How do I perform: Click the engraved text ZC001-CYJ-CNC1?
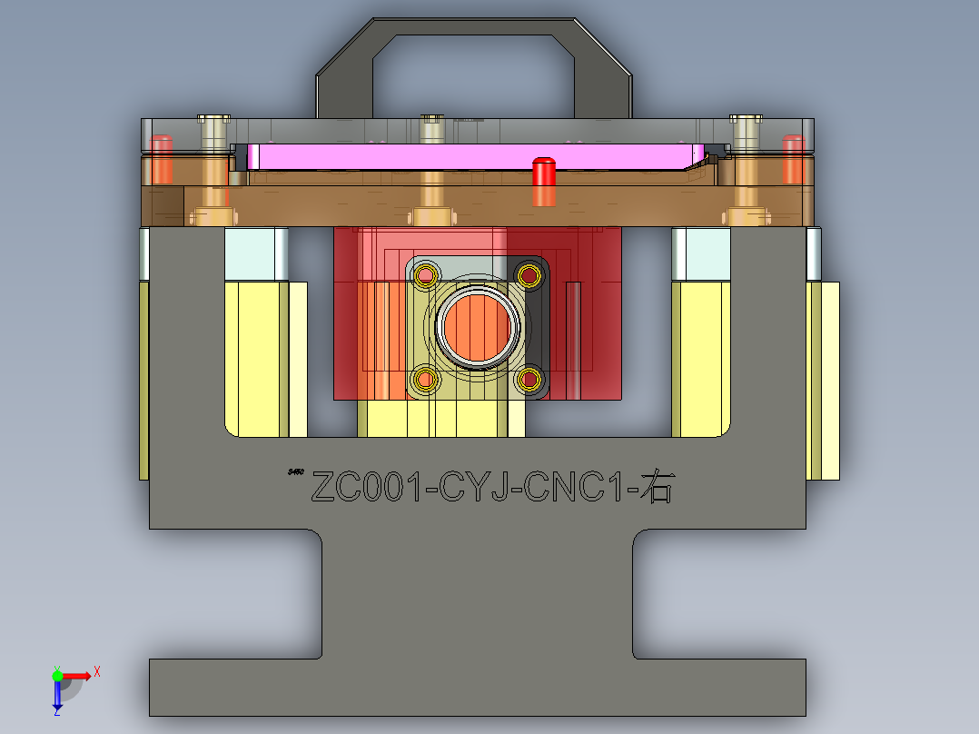pos(472,488)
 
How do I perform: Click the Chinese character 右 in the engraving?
pos(656,488)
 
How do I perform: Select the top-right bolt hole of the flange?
pos(529,273)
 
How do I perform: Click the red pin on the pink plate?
pos(543,181)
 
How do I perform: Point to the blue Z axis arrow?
pos(57,696)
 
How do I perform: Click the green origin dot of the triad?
pos(57,675)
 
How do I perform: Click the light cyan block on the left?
pos(255,253)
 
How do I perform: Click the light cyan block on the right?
pos(702,253)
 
